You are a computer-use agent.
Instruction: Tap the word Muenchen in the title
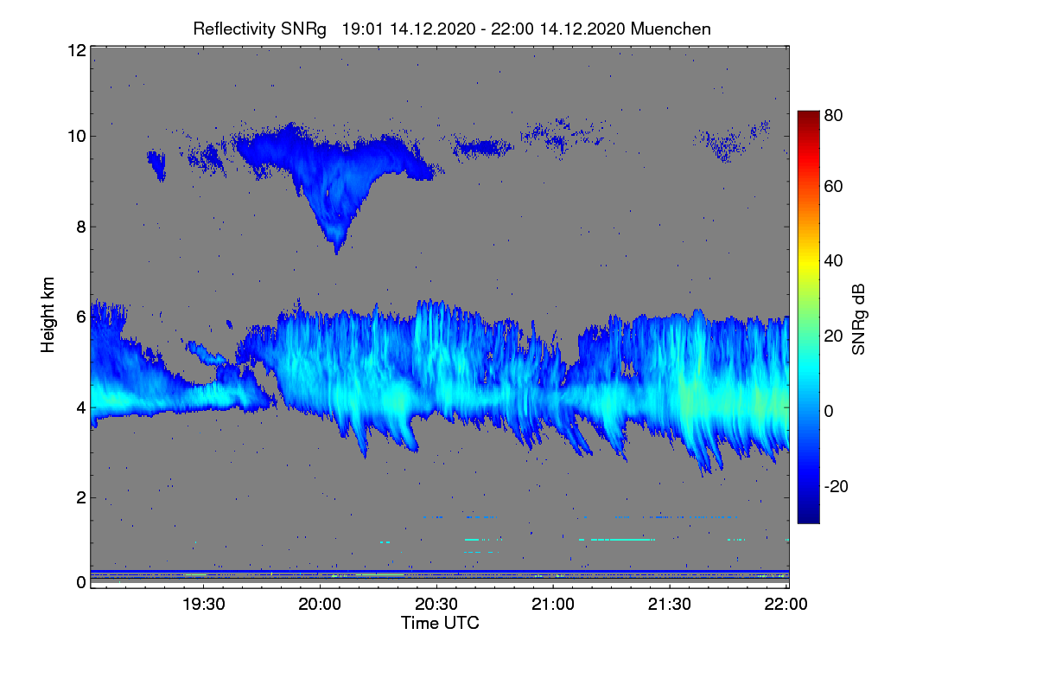tap(671, 29)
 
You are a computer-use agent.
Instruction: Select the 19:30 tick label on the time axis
tap(203, 605)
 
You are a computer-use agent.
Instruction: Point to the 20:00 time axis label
tap(320, 605)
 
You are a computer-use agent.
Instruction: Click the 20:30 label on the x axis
tap(436, 605)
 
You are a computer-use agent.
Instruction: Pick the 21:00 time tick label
tap(553, 605)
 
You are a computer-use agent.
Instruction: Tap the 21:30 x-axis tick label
tap(670, 605)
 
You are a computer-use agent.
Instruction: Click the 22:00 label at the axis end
tap(786, 605)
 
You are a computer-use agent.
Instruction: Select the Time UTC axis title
tap(440, 624)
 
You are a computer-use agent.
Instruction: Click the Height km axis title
tap(48, 315)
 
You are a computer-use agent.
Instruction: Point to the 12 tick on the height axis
tap(77, 50)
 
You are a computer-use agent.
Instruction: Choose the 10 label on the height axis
tap(77, 137)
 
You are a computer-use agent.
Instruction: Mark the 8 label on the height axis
tap(81, 227)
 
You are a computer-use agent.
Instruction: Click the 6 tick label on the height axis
tap(81, 317)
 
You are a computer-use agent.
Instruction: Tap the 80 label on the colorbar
tap(833, 115)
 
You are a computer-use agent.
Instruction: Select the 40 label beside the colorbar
tap(833, 261)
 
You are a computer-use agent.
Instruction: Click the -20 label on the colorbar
tap(837, 487)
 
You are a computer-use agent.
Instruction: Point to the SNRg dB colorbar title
tap(859, 320)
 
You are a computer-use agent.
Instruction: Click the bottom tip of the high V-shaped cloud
tap(336, 254)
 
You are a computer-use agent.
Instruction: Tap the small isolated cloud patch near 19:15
tap(157, 163)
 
